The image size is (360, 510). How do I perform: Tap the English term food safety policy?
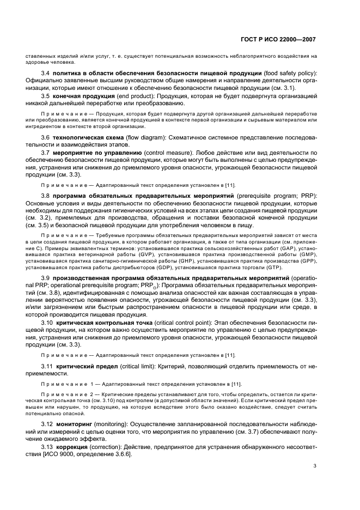click(x=289, y=72)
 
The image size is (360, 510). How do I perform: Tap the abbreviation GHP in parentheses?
click(x=157, y=260)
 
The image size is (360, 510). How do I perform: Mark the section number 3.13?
click(x=48, y=446)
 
